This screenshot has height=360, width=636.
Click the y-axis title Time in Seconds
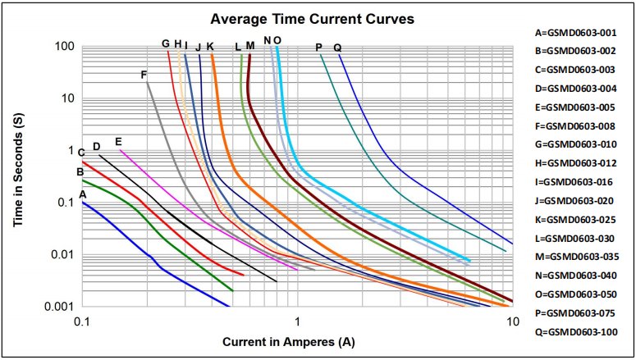pyautogui.click(x=19, y=175)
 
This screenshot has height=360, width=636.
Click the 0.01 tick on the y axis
pyautogui.click(x=62, y=254)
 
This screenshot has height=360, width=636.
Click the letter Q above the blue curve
pyautogui.click(x=337, y=47)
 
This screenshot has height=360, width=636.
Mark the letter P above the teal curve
pyautogui.click(x=318, y=47)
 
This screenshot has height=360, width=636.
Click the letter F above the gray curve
pyautogui.click(x=144, y=75)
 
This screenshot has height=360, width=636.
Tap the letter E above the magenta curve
pyautogui.click(x=118, y=141)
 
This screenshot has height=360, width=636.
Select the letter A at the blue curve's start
pyautogui.click(x=81, y=194)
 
